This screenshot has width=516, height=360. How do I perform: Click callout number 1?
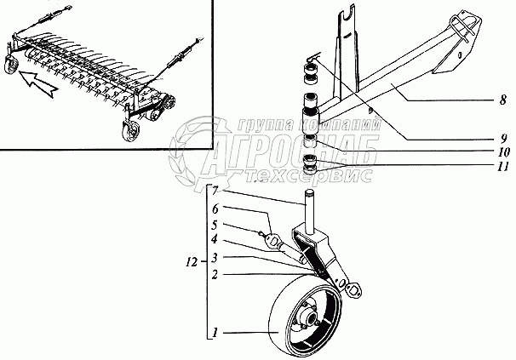[x=217, y=329]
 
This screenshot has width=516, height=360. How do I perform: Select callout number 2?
[x=217, y=275]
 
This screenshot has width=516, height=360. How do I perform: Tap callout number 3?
[x=217, y=257]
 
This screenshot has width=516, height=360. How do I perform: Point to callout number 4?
[x=217, y=241]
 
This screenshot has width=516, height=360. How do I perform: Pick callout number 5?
[x=217, y=225]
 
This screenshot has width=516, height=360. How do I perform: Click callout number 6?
[x=217, y=209]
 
